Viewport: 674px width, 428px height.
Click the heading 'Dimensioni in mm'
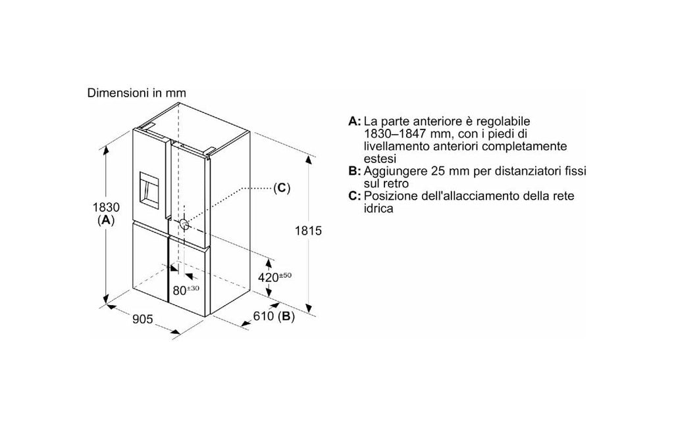click(x=137, y=93)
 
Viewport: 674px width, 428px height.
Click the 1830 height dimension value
click(x=106, y=207)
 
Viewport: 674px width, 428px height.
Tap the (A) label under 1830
click(x=106, y=221)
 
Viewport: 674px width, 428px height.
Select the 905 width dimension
click(x=142, y=320)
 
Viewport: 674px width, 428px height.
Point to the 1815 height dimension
click(x=308, y=231)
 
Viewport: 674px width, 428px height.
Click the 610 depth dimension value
click(x=263, y=316)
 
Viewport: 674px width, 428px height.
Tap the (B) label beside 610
click(x=286, y=317)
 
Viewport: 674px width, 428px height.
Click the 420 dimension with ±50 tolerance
click(x=274, y=277)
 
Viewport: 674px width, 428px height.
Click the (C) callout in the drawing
click(x=282, y=188)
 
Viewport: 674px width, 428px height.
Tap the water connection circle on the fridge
click(x=184, y=224)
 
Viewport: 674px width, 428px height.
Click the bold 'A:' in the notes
click(x=355, y=122)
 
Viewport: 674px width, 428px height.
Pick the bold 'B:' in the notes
click(x=355, y=172)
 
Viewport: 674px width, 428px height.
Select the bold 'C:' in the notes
click(x=355, y=196)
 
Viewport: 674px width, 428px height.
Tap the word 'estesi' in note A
click(x=380, y=159)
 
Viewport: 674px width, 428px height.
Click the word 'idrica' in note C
click(x=378, y=208)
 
